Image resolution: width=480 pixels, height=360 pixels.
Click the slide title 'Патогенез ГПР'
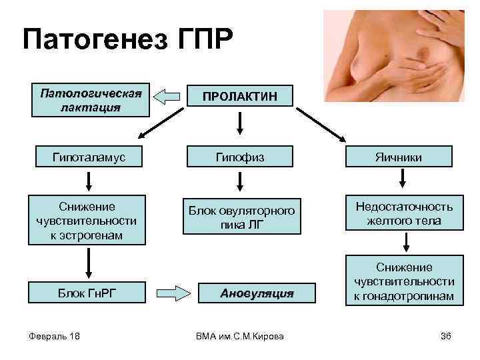128,41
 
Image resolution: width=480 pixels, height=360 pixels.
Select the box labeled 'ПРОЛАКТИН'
241,98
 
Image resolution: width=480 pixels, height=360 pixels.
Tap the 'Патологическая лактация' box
91,99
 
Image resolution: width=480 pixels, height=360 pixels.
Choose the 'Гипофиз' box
241,157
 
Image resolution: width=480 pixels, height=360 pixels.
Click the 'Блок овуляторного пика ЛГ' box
241,215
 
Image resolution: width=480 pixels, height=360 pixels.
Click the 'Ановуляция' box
257,291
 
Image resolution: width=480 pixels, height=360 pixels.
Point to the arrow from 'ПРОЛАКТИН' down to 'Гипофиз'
241,123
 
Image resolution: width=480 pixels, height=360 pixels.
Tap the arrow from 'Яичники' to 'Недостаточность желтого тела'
403,179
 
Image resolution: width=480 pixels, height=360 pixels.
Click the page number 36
446,335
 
